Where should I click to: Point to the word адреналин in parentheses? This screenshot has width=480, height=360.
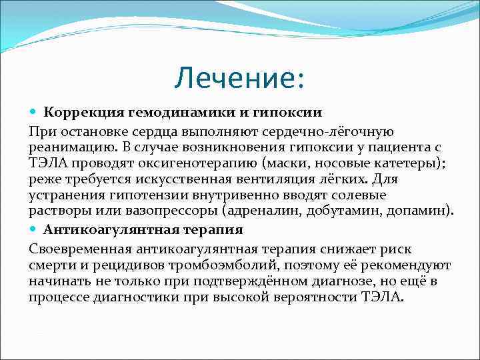coord(260,211)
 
